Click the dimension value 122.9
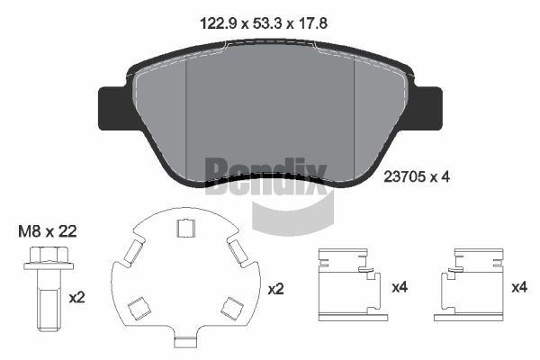pyautogui.click(x=219, y=23)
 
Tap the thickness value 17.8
pyautogui.click(x=311, y=23)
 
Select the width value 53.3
pyautogui.click(x=268, y=23)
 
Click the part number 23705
pyautogui.click(x=404, y=177)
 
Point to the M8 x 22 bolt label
pyautogui.click(x=48, y=231)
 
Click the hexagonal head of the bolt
pyautogui.click(x=49, y=255)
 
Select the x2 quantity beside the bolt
pyautogui.click(x=76, y=297)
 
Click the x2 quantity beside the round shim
pyautogui.click(x=276, y=289)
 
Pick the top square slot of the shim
pyautogui.click(x=186, y=229)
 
